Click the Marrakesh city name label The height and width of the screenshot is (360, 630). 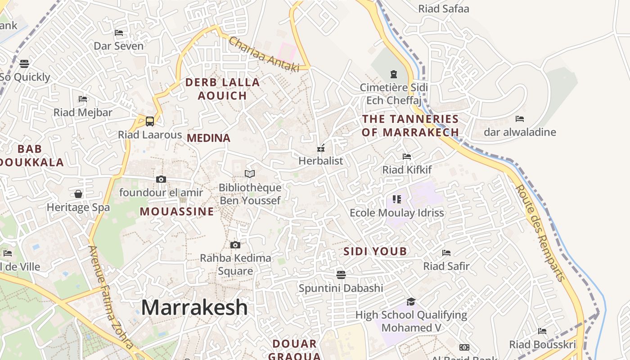(194, 308)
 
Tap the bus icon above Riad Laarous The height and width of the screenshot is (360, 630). (150, 121)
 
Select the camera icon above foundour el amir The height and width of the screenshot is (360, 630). (161, 180)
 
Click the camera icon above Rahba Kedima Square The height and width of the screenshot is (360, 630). (235, 245)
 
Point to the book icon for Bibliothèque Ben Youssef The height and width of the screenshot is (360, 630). (250, 174)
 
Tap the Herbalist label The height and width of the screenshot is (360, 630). (321, 161)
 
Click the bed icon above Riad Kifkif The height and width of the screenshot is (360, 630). (407, 157)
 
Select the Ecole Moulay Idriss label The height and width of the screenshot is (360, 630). (396, 213)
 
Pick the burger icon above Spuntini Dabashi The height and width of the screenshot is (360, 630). (341, 274)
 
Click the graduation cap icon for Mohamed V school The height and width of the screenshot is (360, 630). (411, 301)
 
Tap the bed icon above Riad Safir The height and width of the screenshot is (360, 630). (446, 253)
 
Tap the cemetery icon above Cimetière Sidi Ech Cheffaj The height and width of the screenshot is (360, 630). (394, 74)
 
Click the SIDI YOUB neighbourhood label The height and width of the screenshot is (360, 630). (375, 252)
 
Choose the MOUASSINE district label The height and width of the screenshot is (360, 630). (177, 211)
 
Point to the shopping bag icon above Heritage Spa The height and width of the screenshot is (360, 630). (78, 194)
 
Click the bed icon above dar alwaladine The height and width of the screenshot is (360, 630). (520, 119)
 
